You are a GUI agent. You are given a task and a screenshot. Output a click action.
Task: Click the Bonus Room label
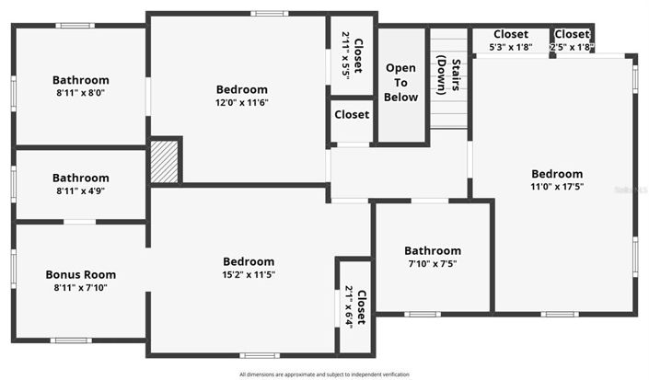tap(81, 274)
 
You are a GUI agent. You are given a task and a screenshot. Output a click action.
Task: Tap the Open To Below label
tap(401, 83)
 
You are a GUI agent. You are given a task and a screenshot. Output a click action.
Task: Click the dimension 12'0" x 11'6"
tap(242, 103)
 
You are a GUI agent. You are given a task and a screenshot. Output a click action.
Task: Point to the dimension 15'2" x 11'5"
tap(249, 274)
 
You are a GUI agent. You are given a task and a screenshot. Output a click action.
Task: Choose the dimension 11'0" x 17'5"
tap(557, 187)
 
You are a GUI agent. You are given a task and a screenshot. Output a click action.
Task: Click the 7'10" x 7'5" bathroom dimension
tap(433, 264)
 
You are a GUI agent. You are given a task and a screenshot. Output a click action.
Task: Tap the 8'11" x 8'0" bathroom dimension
tap(81, 93)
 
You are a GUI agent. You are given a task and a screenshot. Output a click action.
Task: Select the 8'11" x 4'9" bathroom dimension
tap(81, 190)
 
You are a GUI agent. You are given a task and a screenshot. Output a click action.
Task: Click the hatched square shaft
tap(165, 161)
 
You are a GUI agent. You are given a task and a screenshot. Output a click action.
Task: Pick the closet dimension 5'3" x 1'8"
tap(510, 47)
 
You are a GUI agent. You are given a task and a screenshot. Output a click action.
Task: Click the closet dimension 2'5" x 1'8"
tap(572, 47)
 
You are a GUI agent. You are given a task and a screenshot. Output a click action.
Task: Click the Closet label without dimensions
tap(352, 115)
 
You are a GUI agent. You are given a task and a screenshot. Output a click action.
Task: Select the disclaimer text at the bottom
tap(324, 374)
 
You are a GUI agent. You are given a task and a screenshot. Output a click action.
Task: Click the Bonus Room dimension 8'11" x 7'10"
tap(81, 287)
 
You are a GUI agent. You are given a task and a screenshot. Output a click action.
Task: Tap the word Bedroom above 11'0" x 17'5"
tap(557, 174)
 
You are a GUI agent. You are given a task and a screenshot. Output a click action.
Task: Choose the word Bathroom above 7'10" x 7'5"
tap(433, 251)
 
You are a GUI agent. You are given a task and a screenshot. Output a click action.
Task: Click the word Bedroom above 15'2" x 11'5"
tap(249, 261)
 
